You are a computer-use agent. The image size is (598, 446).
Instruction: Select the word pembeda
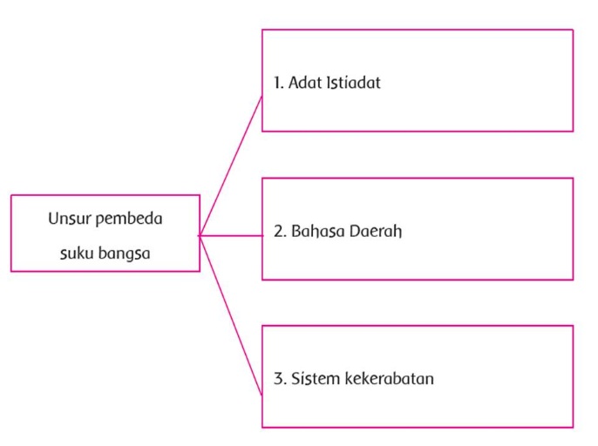(129, 219)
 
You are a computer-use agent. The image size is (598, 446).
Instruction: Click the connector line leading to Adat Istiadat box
(231, 166)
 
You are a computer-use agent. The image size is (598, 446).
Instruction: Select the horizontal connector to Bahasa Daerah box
(232, 235)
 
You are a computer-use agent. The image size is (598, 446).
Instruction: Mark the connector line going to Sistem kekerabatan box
(231, 313)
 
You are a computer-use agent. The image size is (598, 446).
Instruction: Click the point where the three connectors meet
(200, 235)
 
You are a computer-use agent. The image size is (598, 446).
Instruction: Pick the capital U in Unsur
(54, 219)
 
